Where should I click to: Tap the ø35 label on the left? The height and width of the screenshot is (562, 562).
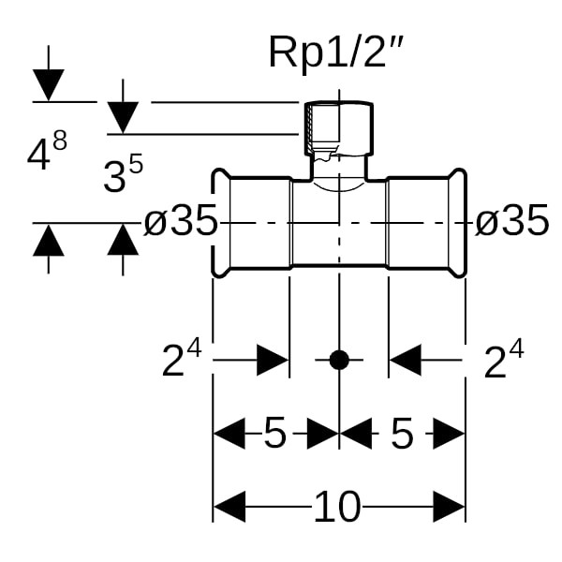[x=181, y=222]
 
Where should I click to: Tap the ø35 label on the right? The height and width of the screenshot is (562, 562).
[x=511, y=222]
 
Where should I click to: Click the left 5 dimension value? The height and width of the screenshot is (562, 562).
[x=274, y=434]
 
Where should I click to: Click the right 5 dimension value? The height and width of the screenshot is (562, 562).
[x=402, y=434]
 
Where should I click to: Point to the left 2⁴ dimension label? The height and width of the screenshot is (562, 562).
[x=182, y=359]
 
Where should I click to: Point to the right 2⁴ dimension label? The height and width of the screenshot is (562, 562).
[x=503, y=359]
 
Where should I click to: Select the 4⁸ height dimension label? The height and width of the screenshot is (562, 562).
[x=47, y=153]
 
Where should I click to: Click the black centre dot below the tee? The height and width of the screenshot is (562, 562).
[x=339, y=359]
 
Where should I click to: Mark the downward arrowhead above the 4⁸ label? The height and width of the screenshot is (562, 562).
[x=48, y=85]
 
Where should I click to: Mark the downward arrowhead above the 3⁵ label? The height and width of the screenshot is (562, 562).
[x=123, y=117]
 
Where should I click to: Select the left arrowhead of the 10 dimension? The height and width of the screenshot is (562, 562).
[x=229, y=507]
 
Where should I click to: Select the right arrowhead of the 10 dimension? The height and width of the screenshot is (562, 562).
[x=450, y=507]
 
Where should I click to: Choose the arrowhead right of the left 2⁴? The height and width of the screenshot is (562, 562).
[x=273, y=359]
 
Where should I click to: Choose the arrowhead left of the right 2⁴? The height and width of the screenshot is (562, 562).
[x=406, y=359]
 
